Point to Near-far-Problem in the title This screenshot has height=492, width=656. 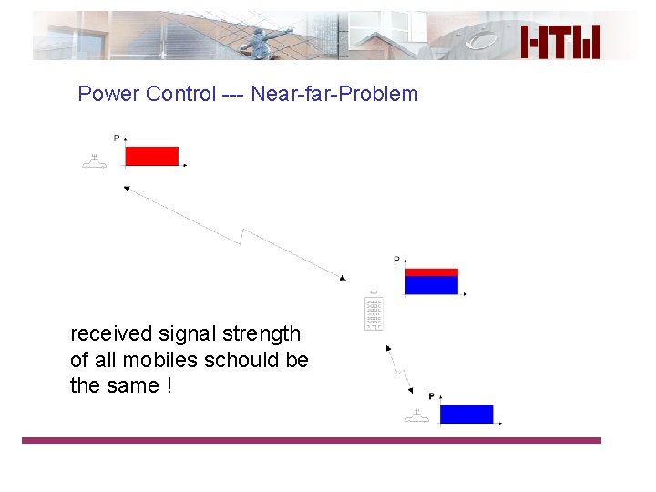pos(334,94)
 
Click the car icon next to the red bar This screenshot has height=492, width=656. pos(94,162)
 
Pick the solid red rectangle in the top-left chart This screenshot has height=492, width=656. pos(151,156)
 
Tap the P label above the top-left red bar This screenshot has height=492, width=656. pos(117,138)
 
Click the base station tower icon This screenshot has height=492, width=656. pos(374,312)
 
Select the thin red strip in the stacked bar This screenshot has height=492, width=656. pos(431,272)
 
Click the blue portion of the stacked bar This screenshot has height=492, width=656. pos(431,285)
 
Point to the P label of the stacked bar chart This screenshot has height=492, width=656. pos(396,260)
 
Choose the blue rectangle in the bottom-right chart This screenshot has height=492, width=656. pos(466,415)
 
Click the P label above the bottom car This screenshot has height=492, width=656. pos(431,396)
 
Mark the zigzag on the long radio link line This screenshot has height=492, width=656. pos(243,237)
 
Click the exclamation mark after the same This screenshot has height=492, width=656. pos(169,385)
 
